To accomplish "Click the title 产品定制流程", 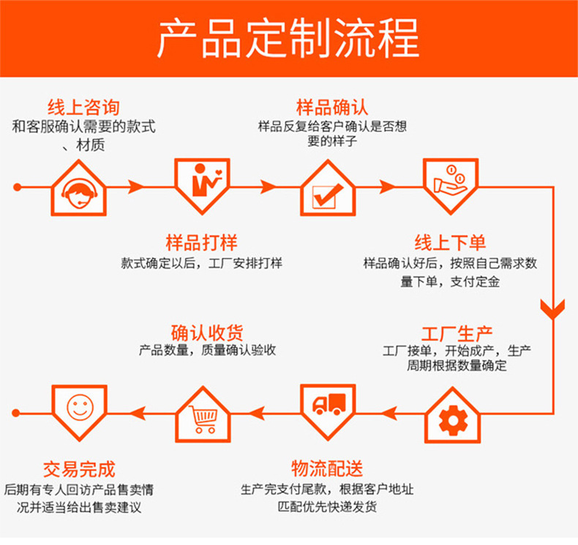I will (288, 38).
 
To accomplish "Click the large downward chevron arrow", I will (552, 307).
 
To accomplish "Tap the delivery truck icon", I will (328, 405).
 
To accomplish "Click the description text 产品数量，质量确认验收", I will (207, 350).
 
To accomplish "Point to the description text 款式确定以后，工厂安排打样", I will (201, 263).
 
